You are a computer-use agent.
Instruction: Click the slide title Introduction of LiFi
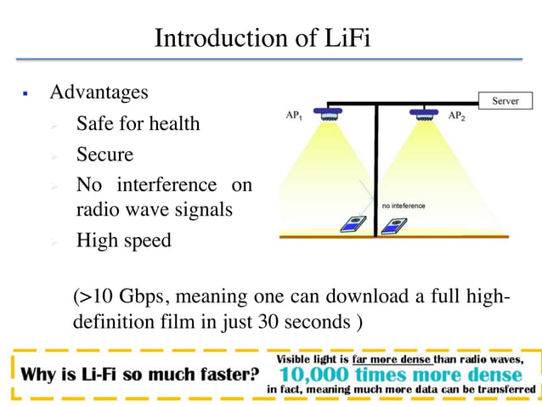point(263,38)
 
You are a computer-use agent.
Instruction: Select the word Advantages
point(99,92)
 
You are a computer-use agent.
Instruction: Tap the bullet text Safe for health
point(138,124)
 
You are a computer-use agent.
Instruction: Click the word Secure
point(104,155)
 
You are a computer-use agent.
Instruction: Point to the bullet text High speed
point(123,240)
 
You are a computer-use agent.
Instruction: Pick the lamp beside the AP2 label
point(423,111)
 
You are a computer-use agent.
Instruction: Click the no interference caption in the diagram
point(404,206)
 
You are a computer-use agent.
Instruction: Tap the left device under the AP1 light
point(351,226)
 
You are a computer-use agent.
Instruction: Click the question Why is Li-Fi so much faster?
point(140,374)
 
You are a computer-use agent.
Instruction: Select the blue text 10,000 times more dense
point(400,375)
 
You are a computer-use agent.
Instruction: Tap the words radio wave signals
point(154,209)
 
